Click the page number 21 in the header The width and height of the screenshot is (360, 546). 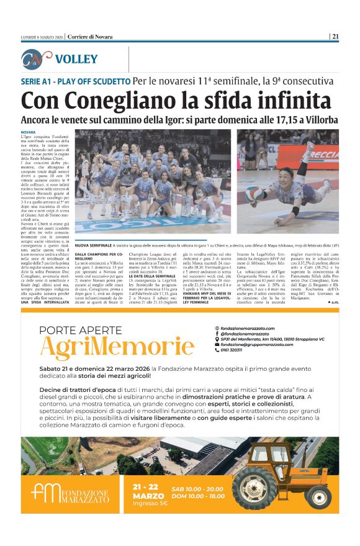pos(336,37)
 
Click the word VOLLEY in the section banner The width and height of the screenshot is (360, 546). pos(76,59)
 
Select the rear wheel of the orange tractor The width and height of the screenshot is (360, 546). pos(254,487)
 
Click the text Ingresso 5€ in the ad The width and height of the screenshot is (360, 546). pos(150,504)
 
